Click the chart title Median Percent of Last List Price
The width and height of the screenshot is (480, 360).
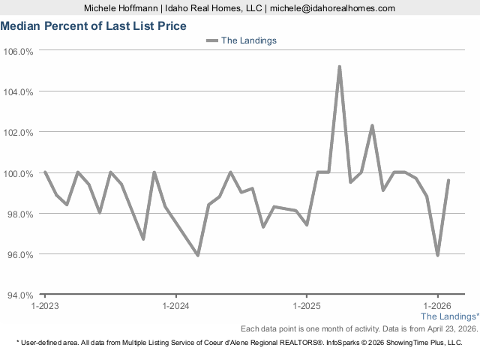click(x=93, y=25)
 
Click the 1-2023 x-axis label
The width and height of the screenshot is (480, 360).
click(x=45, y=306)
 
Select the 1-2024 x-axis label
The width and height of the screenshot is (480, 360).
click(x=175, y=306)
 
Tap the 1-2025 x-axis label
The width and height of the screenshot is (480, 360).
click(x=307, y=306)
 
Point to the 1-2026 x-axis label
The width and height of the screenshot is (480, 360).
click(x=437, y=306)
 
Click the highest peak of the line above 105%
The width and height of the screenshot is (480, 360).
click(x=340, y=67)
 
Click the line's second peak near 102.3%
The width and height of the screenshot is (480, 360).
click(x=372, y=126)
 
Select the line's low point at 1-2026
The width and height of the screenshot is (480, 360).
click(x=437, y=255)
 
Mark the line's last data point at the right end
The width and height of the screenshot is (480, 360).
click(x=448, y=180)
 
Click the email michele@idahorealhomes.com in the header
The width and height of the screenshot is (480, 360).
click(x=332, y=7)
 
